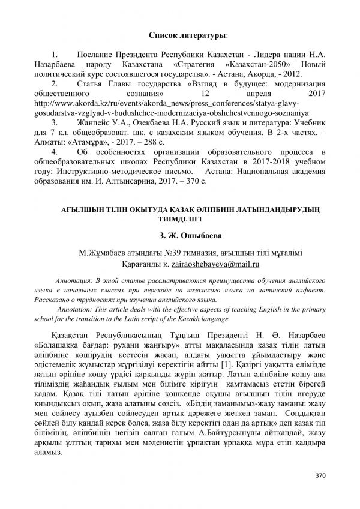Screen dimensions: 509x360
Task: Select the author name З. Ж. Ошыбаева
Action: click(x=180, y=235)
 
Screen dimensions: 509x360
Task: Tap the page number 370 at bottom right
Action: click(x=320, y=475)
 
